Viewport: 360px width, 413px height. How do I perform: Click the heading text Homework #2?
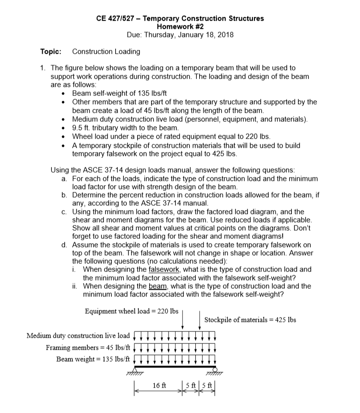point(180,26)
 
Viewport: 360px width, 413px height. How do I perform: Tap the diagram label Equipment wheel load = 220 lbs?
point(132,311)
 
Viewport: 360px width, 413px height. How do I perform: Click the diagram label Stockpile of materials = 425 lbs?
point(250,319)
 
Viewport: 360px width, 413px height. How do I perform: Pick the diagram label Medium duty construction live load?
point(78,335)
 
